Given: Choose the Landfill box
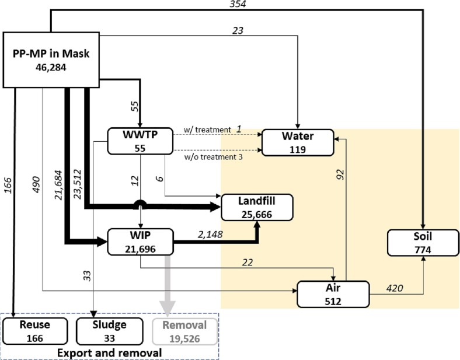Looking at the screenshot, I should coord(257,208).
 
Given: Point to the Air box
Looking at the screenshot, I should coord(333,294).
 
